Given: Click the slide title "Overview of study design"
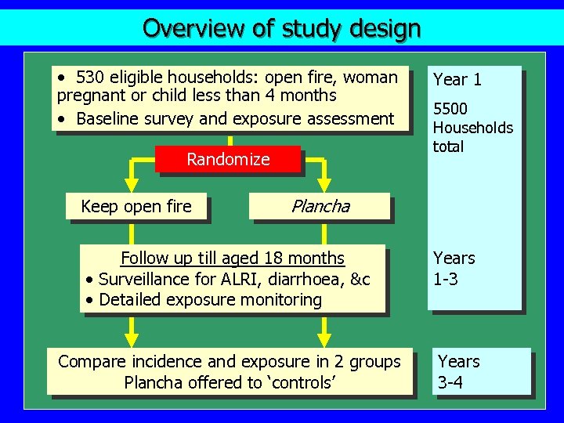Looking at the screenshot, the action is pos(281,28).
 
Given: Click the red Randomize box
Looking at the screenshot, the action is pos(228,160).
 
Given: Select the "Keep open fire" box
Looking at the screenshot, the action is pos(136,207).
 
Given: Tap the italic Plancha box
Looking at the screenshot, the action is pos(320,207).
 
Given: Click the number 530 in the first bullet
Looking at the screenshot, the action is pos(90,78).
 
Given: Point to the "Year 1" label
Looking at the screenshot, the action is pos(457,79).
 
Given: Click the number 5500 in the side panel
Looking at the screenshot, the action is pos(450,109).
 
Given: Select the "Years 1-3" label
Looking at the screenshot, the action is pos(454,268).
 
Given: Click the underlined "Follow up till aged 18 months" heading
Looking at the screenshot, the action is pos(232,258).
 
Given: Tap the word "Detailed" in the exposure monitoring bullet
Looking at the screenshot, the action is pos(128,299).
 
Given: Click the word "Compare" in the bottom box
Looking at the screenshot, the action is pos(92,362).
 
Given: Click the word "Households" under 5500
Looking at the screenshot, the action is pos(473,128).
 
